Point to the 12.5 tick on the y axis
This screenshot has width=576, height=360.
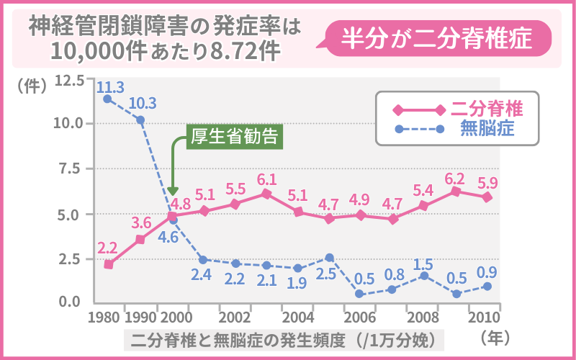coord(71,79)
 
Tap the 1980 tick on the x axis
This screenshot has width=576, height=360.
coord(106,317)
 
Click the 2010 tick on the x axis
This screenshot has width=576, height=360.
coord(484,317)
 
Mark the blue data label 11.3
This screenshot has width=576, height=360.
coord(111,87)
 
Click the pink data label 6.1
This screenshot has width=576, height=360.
coord(267,179)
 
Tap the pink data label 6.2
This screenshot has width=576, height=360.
coord(455,177)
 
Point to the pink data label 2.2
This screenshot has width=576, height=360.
coord(107,248)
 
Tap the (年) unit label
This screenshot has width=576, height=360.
coord(496,336)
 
